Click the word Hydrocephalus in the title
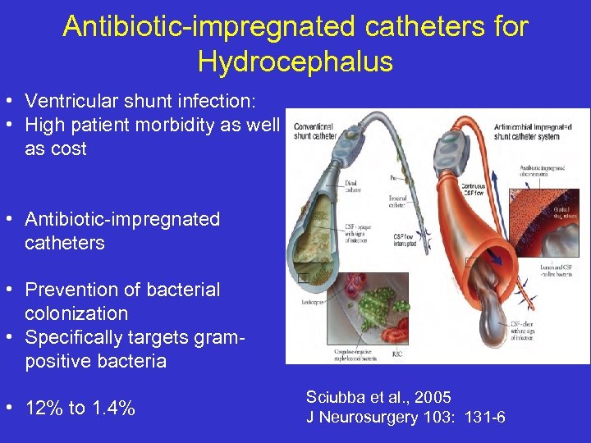pyautogui.click(x=295, y=62)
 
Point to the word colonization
pyautogui.click(x=76, y=313)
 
